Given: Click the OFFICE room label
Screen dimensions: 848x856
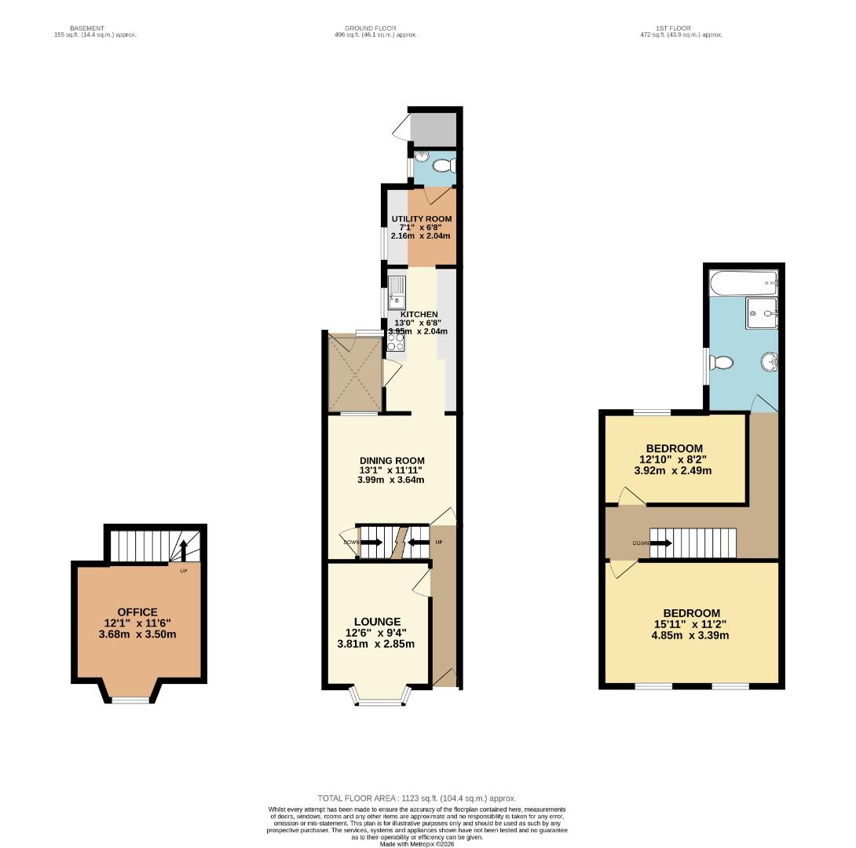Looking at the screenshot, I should click(137, 612).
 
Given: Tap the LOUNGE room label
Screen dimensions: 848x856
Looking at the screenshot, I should click(376, 621).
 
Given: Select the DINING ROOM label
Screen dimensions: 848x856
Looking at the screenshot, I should click(392, 461).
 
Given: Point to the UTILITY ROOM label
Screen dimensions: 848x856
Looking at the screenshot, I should click(422, 219).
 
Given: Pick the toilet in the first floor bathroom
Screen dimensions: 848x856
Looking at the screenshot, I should click(720, 363).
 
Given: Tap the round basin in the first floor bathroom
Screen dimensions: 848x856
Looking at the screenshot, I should click(769, 363).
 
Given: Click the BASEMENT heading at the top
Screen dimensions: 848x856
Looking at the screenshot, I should click(86, 28).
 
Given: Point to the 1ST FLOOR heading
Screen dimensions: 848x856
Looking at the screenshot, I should click(664, 28).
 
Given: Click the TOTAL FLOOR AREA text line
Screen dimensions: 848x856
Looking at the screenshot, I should click(417, 798).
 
